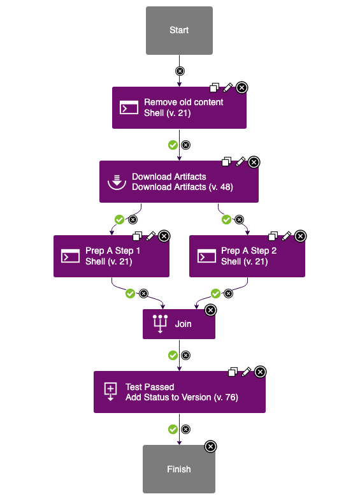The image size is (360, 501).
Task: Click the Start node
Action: [x=179, y=30]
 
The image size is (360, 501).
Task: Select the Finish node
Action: [x=178, y=469]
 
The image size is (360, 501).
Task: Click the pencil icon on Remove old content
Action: [x=228, y=87]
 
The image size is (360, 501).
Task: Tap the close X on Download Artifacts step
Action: [x=254, y=162]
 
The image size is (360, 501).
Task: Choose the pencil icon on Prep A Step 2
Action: [x=287, y=236]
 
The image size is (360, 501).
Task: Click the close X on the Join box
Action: [x=210, y=310]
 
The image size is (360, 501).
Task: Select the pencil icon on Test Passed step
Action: [x=247, y=372]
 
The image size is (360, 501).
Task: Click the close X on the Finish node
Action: [x=210, y=446]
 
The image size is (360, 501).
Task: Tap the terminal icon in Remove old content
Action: [x=129, y=108]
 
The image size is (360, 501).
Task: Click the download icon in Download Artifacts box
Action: [x=116, y=182]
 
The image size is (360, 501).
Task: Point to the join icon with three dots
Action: [x=160, y=324]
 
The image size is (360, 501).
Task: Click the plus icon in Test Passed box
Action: [x=111, y=391]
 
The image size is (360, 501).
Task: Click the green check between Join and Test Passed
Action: [x=173, y=355]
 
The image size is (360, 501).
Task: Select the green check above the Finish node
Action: [x=173, y=429]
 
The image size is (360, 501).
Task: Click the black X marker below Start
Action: [x=180, y=71]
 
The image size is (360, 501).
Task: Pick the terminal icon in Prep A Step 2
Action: [x=206, y=256]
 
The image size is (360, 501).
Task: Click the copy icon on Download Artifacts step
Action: [x=227, y=162]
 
